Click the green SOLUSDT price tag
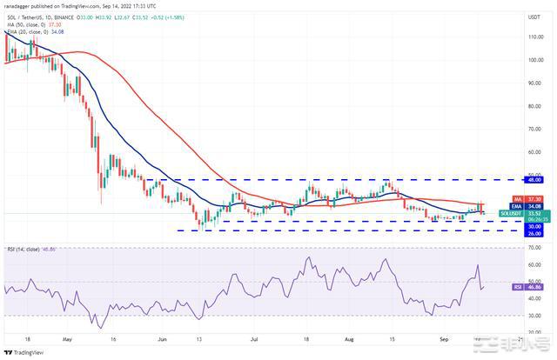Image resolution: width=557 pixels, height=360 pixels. tap(510, 213)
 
